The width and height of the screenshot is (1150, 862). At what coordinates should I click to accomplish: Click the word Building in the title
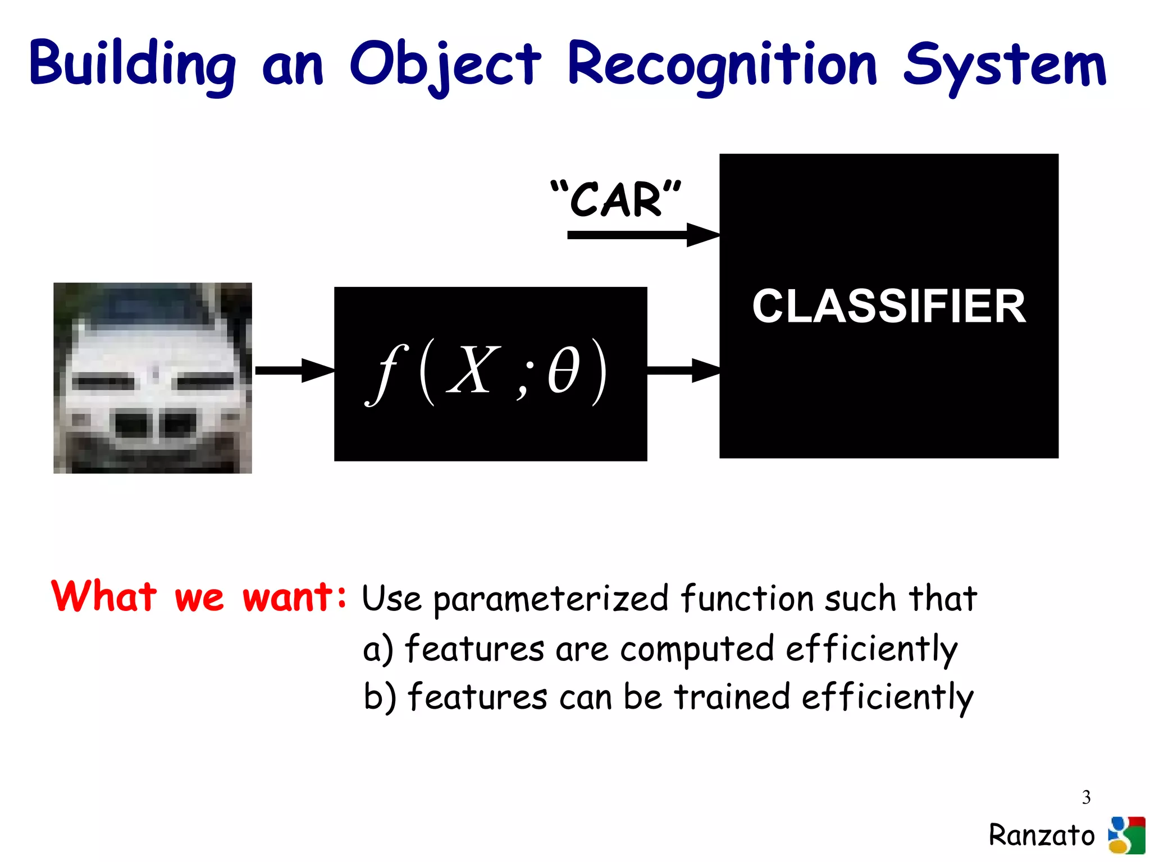point(133,65)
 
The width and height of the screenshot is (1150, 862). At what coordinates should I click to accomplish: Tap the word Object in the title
point(445,65)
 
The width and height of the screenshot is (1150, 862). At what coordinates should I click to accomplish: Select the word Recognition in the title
point(722,65)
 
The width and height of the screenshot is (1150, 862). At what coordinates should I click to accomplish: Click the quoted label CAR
point(616,199)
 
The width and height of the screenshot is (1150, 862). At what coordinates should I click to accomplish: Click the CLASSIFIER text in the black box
point(889,307)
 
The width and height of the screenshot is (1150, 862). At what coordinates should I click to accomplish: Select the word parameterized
point(551,599)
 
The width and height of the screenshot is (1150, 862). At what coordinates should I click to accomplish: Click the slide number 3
point(1086,797)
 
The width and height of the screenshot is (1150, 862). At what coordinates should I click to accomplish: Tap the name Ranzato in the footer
point(1042,835)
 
